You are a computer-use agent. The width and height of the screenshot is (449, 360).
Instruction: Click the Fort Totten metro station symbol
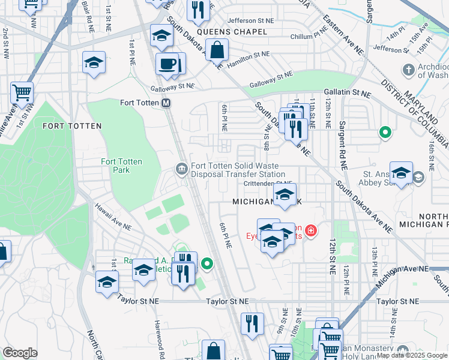point(166,103)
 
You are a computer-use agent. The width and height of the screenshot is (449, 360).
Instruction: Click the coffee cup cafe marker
point(167,64)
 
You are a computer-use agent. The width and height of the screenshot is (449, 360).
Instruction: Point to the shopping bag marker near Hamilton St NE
point(217,49)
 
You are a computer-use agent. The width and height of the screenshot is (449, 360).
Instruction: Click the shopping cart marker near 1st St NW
point(22,93)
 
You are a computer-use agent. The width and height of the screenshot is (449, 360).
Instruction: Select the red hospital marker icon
point(310,230)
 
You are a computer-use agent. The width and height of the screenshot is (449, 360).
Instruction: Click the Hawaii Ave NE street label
point(112,217)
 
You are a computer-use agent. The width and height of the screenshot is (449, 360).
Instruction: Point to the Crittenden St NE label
point(268,184)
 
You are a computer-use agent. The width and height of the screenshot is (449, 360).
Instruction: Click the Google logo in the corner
point(20,353)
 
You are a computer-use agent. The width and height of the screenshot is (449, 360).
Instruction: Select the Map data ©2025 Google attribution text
point(412,355)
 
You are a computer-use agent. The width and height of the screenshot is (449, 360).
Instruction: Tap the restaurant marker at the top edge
point(196,10)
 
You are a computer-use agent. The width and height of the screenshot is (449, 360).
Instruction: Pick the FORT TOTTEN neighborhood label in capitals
point(72,126)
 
